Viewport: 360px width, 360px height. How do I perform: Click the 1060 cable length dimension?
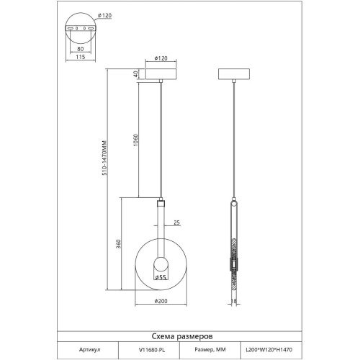tap(136, 140)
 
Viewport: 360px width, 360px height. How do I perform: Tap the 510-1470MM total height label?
tap(104, 158)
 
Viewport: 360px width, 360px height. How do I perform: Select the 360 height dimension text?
tap(119, 243)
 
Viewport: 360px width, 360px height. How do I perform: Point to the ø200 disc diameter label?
tap(161, 301)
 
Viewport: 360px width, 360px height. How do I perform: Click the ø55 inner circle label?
tap(161, 277)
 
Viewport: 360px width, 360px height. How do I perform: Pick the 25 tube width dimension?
tap(176, 222)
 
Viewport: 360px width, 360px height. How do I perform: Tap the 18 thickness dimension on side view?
tap(233, 301)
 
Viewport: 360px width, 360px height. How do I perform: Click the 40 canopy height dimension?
tap(136, 74)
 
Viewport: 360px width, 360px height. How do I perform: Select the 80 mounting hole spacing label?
tap(81, 49)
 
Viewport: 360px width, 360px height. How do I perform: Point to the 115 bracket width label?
tap(81, 57)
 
